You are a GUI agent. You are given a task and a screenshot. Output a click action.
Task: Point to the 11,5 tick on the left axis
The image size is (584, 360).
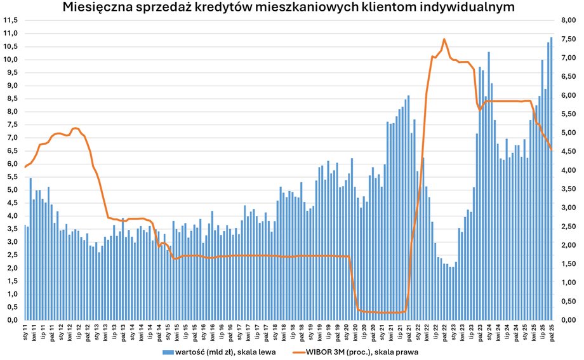click(x=10, y=20)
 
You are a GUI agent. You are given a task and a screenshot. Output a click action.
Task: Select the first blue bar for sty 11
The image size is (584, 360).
click(x=25, y=272)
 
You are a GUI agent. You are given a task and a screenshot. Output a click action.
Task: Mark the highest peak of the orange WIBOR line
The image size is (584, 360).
click(x=444, y=39)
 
